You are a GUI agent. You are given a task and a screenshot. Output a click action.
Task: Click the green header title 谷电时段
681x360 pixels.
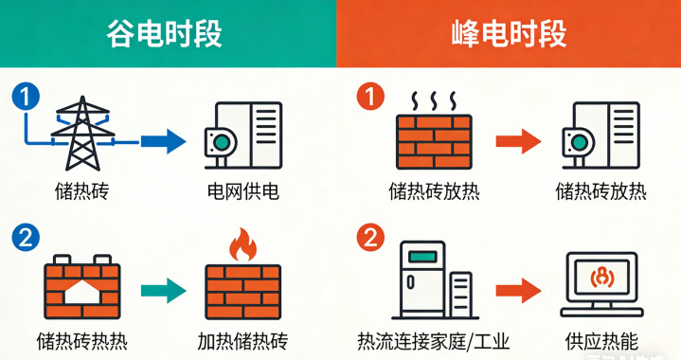(x=164, y=34)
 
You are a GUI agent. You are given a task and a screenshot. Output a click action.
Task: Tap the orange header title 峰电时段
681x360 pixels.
(x=509, y=34)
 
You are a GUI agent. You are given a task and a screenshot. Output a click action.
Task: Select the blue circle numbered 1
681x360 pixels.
(x=26, y=97)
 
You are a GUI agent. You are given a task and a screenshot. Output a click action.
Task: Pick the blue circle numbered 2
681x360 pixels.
(x=26, y=238)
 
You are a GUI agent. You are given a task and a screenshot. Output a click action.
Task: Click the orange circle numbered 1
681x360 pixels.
(x=370, y=97)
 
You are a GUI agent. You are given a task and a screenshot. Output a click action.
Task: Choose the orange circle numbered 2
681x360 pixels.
(x=370, y=238)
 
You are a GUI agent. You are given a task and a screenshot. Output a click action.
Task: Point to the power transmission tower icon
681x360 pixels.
(x=82, y=134)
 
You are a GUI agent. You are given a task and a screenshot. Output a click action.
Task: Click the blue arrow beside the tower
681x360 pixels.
(x=163, y=141)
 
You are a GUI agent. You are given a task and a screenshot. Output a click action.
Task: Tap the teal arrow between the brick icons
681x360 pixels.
(x=163, y=291)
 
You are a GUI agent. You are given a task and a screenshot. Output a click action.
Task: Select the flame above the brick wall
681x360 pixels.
(x=242, y=244)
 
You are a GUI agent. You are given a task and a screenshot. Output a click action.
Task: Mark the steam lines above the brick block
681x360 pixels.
(x=434, y=101)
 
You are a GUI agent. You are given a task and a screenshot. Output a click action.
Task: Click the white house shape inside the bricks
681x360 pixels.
(x=82, y=292)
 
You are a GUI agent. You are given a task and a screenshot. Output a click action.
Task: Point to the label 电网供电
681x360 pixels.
(x=242, y=191)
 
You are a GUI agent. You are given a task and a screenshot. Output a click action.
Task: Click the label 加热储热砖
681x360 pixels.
(x=242, y=342)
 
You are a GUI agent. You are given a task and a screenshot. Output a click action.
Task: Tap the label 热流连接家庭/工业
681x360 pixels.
(x=434, y=342)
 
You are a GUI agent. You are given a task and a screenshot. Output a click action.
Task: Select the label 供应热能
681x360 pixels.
(x=601, y=342)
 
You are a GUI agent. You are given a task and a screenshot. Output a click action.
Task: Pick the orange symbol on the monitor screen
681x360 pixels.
(x=602, y=278)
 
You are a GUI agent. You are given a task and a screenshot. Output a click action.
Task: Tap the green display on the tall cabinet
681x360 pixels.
(x=422, y=257)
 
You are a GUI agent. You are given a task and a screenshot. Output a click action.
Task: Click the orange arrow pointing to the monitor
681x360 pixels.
(x=519, y=291)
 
